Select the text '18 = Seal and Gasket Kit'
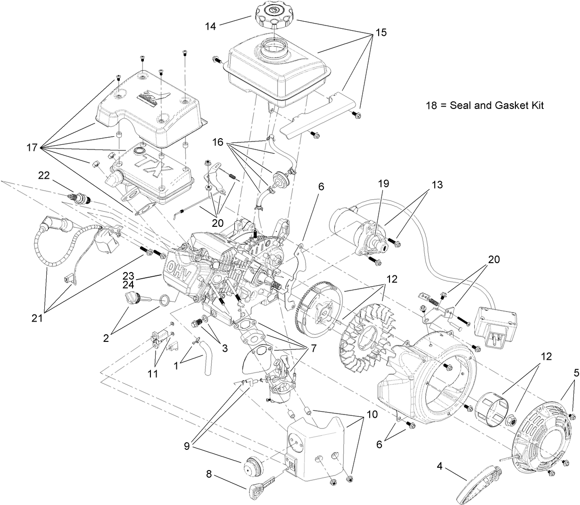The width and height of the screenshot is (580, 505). tap(484, 106)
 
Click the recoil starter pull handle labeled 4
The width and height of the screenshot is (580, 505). tap(477, 485)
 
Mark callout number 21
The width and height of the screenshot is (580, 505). tap(36, 318)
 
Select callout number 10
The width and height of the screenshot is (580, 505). tap(372, 415)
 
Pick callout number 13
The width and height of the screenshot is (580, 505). tap(437, 185)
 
